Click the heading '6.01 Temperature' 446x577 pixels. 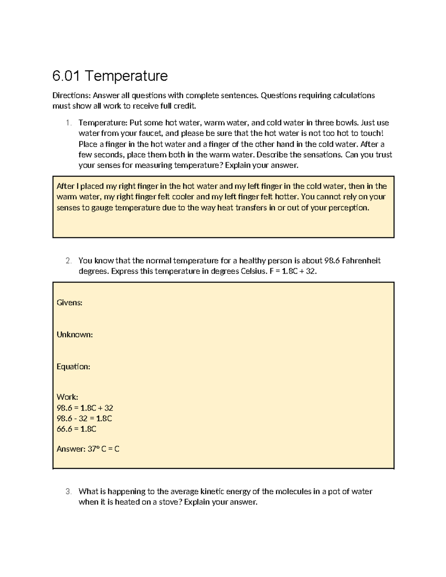(110, 76)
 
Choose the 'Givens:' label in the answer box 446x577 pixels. (69, 303)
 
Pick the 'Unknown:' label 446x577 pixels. (74, 335)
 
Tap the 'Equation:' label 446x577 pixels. (73, 367)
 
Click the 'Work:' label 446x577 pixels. (67, 397)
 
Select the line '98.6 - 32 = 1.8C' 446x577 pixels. (84, 419)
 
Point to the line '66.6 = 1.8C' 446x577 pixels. (76, 429)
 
